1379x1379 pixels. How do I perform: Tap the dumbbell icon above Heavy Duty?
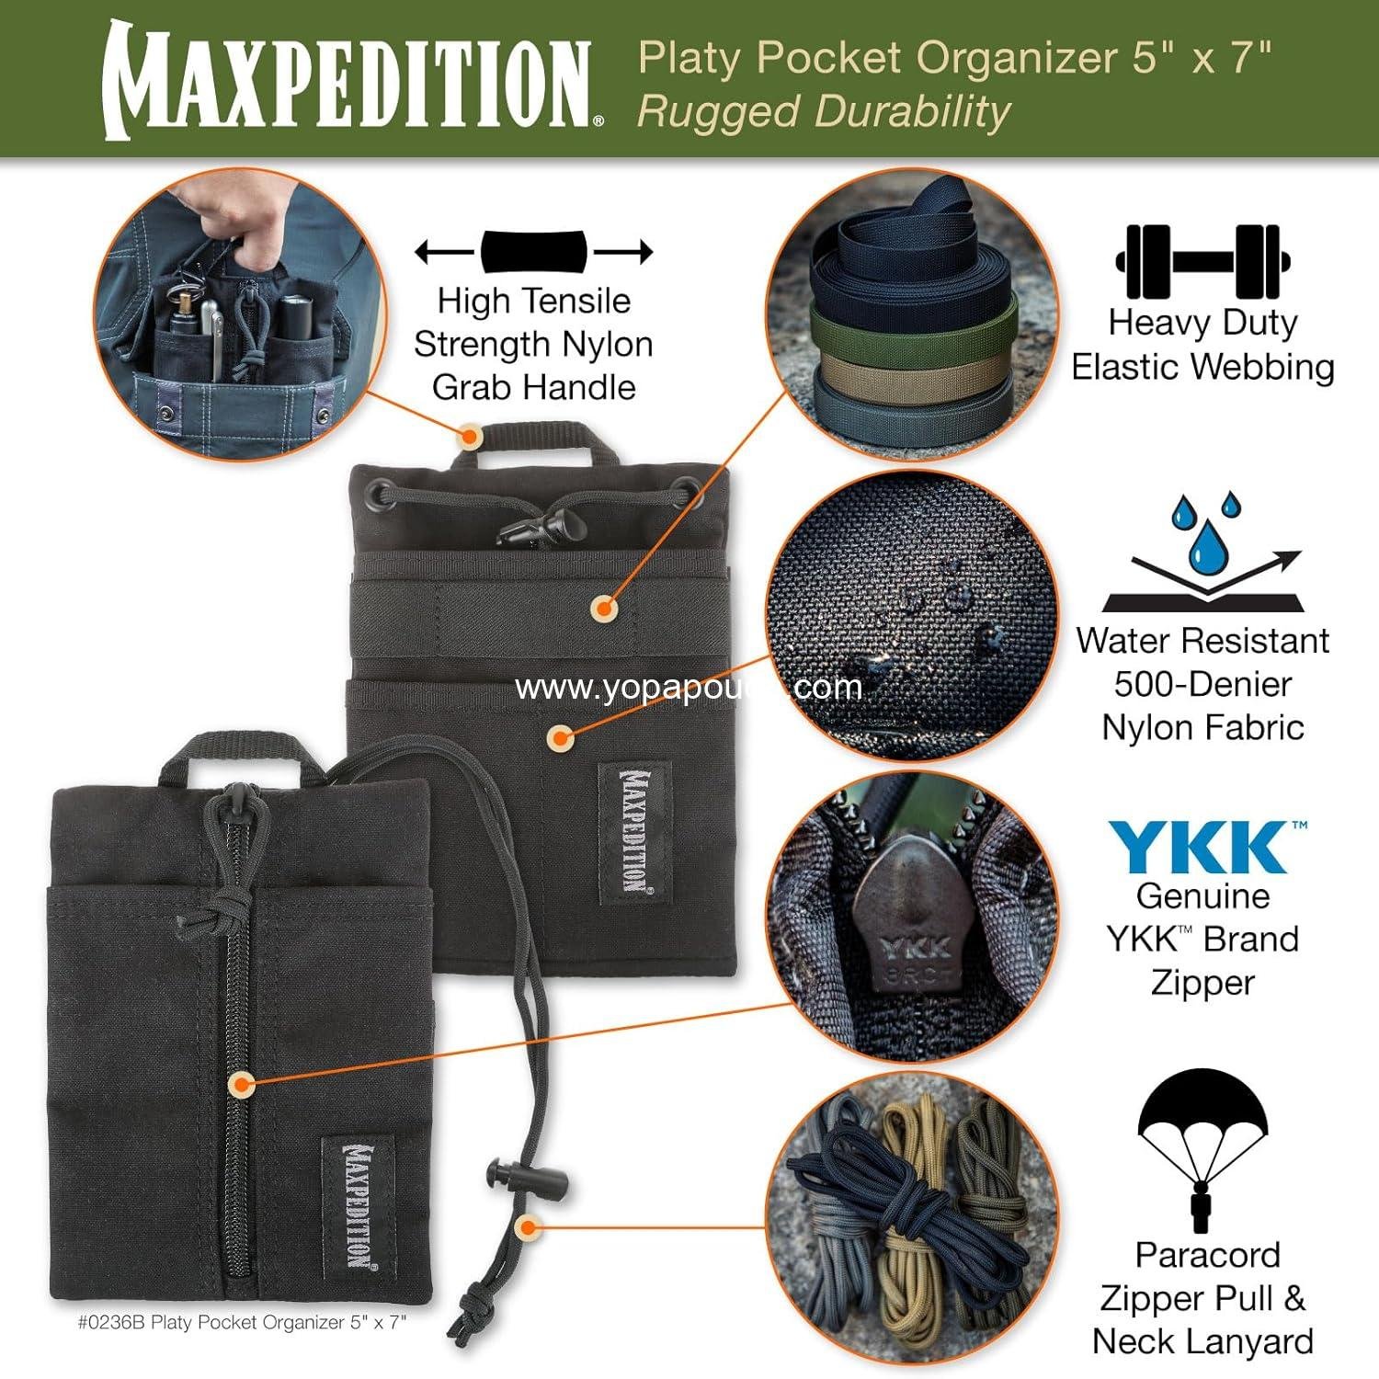[x=1202, y=261]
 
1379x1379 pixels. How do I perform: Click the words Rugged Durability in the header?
[x=824, y=112]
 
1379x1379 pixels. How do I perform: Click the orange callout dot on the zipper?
[x=241, y=1084]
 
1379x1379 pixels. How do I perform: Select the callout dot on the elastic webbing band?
[x=604, y=607]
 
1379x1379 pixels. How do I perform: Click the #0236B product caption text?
[x=242, y=1322]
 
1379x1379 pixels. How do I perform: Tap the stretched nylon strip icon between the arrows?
[x=533, y=251]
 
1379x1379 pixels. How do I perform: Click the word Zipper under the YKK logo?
[x=1202, y=983]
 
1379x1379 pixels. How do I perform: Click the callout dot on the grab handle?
[x=469, y=435]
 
